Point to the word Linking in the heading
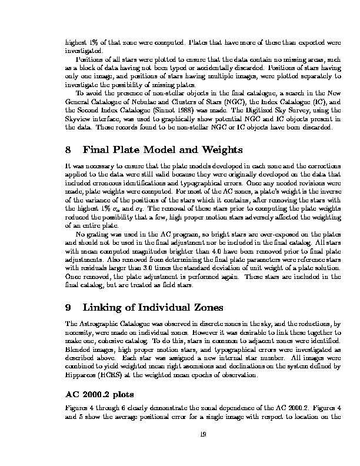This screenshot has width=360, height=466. point(104,307)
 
